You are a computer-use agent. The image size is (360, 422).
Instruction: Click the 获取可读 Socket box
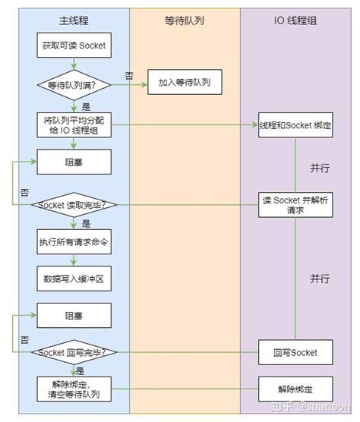tap(74, 46)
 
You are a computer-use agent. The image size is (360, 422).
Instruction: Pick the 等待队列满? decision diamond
tap(74, 84)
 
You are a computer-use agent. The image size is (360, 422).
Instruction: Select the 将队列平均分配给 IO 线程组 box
tap(74, 124)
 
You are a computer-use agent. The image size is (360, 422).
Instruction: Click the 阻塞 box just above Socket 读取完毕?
tap(74, 162)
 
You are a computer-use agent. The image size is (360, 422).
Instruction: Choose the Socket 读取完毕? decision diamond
tap(74, 204)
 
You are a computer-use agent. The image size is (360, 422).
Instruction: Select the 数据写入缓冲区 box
tap(74, 279)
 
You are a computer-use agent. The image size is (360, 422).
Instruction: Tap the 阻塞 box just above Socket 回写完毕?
tap(74, 313)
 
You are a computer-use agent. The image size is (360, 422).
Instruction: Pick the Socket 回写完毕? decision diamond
tap(74, 352)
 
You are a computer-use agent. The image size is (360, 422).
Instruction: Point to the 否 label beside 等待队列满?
tap(130, 74)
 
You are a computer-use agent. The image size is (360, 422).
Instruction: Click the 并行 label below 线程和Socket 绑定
tap(320, 166)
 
